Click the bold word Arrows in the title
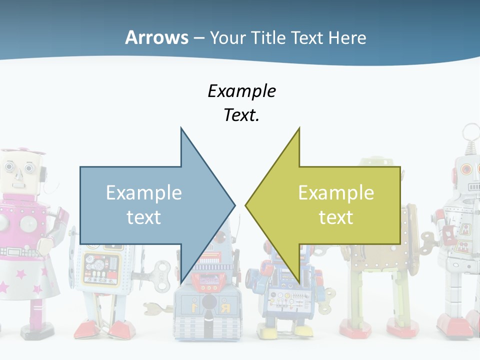pos(156,38)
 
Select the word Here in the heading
pos(347,38)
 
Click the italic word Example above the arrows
pos(241,91)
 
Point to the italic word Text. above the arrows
pos(241,115)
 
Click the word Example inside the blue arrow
pos(144,193)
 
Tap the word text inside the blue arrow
pos(144,217)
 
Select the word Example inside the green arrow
pos(336,193)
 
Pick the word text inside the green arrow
pos(336,217)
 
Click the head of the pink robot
pos(20,170)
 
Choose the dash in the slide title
pos(198,38)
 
